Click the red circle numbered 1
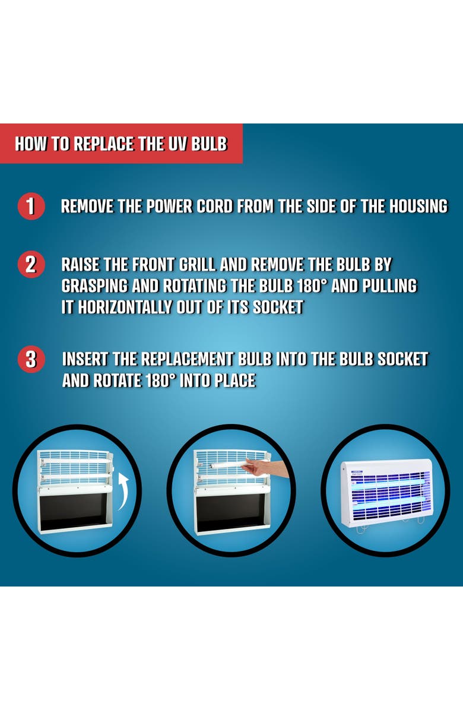31,206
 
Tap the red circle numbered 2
31,264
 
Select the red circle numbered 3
31,359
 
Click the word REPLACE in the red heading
104,144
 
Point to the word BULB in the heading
209,144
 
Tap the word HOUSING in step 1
418,206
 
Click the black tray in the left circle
74,511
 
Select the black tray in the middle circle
231,511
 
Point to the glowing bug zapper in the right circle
386,493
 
